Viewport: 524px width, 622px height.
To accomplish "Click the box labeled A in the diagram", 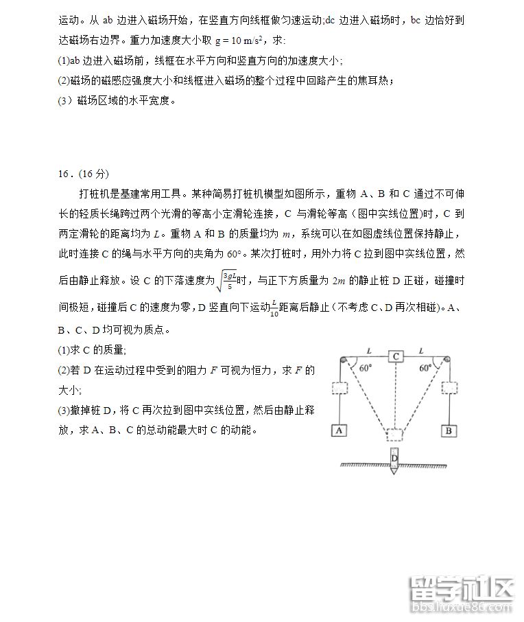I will [x=338, y=430].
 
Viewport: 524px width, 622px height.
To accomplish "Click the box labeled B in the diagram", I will [x=449, y=430].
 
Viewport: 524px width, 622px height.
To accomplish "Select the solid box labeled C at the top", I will [x=396, y=356].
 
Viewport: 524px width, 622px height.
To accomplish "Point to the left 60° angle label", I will [x=366, y=367].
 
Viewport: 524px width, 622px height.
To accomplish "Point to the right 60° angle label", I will [x=426, y=367].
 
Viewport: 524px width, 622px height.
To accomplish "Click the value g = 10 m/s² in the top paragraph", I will [x=245, y=41].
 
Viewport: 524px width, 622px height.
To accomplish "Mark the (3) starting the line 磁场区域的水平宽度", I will [x=67, y=100].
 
